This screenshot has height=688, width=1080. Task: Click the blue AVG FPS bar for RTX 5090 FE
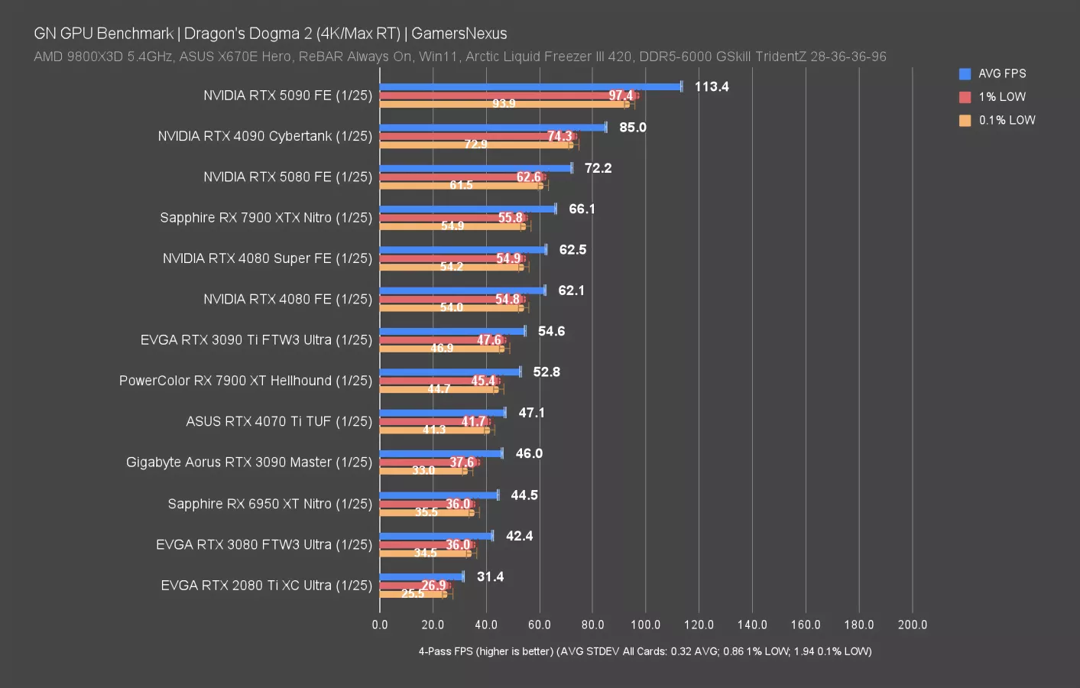coord(530,86)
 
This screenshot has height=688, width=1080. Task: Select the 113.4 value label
coord(711,86)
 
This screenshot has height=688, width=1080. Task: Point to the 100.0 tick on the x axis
coord(645,625)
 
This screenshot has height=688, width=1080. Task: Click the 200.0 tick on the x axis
coord(912,625)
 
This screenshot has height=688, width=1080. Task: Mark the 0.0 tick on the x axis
coord(380,625)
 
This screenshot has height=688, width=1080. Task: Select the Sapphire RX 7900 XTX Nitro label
coord(266,218)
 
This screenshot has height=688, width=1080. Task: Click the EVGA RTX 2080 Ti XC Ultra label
coord(266,586)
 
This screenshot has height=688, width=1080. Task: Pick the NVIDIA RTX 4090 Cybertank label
coord(264,136)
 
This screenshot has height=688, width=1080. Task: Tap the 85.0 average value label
coord(632,128)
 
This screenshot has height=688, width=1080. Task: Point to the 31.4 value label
coord(490,576)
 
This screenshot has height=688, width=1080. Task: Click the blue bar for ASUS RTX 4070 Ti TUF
coord(442,413)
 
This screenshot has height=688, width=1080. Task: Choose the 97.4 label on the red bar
coord(621,96)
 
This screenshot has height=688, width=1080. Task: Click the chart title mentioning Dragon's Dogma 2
coord(271,34)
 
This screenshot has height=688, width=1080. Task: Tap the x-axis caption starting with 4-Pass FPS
coord(644,651)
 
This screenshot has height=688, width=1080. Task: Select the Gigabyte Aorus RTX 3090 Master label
coord(249,462)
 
